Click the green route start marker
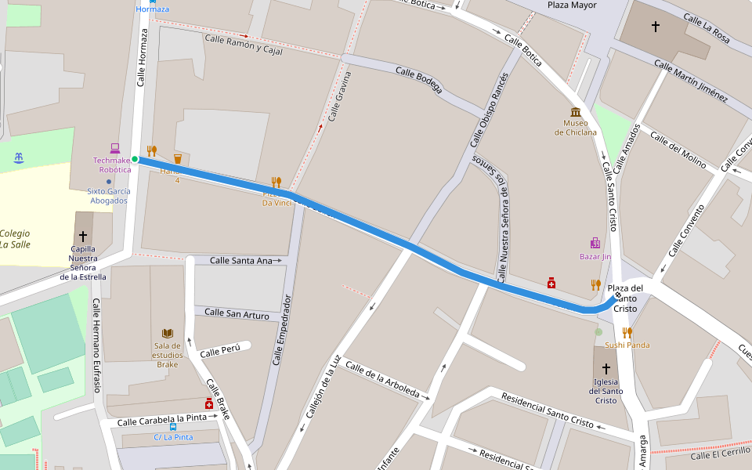135,160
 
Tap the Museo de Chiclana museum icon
576,112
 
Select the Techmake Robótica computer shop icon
114,148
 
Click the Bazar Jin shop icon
595,243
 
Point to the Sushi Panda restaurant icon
627,332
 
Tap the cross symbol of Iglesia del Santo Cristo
606,368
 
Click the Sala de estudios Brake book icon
167,333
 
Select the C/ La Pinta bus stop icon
173,427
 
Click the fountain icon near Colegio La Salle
19,158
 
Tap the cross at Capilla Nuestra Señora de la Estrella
83,236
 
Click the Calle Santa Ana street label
241,260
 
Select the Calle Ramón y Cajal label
243,44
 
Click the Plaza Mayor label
572,5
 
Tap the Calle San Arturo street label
237,314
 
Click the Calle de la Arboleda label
382,380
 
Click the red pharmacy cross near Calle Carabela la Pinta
209,403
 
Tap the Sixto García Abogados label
108,196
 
